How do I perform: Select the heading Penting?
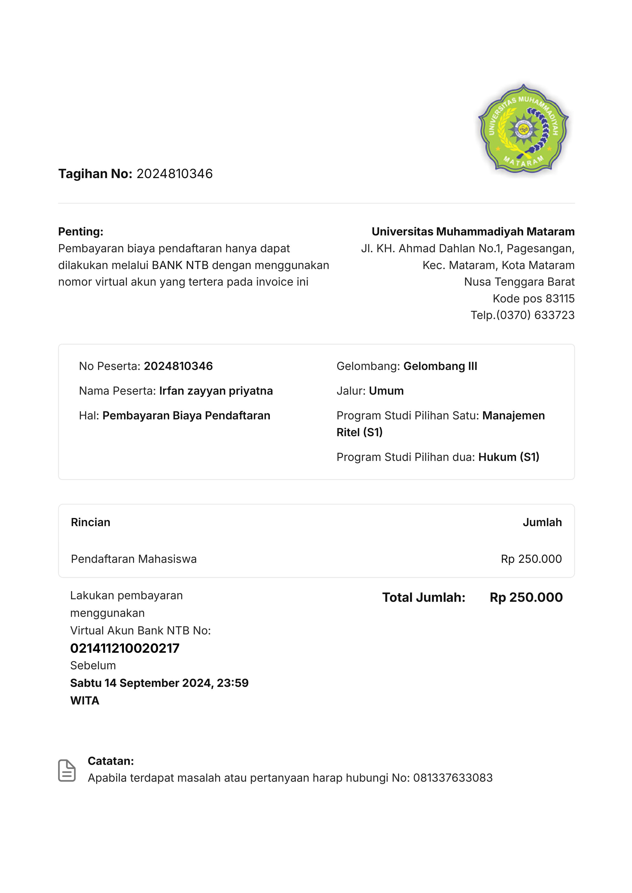click(81, 232)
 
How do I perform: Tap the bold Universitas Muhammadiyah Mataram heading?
click(473, 232)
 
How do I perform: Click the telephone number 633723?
click(554, 315)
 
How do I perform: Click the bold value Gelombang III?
click(440, 366)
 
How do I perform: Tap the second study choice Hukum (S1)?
click(509, 457)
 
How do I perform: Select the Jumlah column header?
click(542, 522)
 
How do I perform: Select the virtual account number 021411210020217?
click(125, 648)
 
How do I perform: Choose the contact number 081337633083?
click(453, 778)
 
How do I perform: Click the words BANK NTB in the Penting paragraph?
click(180, 265)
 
